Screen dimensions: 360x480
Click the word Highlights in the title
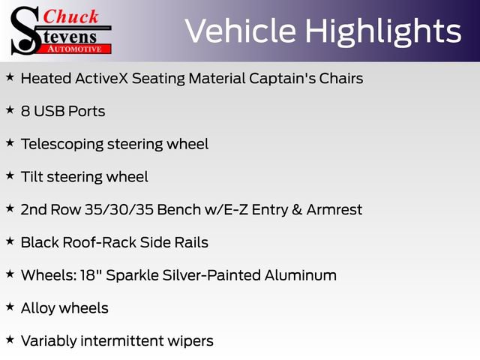383,31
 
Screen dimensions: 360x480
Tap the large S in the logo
25,30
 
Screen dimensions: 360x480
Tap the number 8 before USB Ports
25,112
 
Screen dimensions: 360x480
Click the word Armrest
335,210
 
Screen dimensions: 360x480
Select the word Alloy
38,308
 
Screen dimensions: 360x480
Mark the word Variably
49,341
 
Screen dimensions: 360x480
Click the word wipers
193,341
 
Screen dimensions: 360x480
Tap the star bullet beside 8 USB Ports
10,110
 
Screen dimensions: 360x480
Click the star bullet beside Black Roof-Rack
10,241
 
